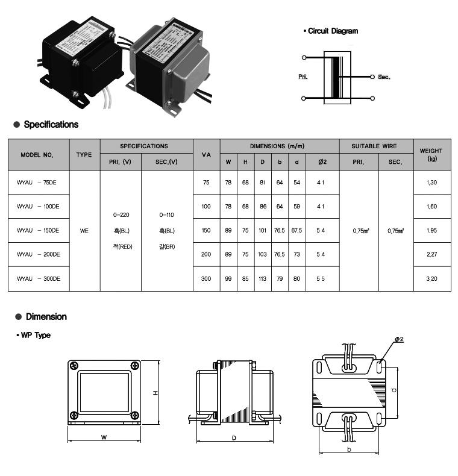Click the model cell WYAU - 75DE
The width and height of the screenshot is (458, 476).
pos(38,182)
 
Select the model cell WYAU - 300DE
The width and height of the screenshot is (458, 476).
pos(39,279)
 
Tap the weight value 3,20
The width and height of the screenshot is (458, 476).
pos(431,279)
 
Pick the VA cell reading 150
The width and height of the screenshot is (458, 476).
pos(206,230)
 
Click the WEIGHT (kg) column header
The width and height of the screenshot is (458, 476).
pos(431,155)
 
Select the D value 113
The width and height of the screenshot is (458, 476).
pos(262,279)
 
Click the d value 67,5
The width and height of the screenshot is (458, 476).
pos(296,230)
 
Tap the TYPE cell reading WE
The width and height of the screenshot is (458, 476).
pos(84,230)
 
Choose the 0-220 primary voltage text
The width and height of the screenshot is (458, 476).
pos(121,215)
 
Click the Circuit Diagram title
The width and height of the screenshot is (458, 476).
pos(332,31)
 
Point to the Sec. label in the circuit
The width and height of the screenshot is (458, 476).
pos(384,77)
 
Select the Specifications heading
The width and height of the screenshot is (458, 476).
pos(51,125)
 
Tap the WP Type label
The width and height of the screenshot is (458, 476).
pos(35,335)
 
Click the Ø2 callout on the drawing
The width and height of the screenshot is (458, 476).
pos(398,339)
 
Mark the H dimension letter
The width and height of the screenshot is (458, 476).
pos(155,392)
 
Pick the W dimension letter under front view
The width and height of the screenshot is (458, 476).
pos(104,437)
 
